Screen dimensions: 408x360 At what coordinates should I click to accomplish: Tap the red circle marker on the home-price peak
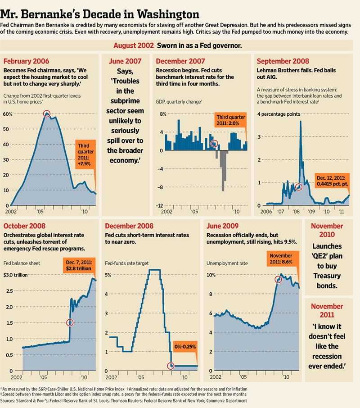tap(46, 114)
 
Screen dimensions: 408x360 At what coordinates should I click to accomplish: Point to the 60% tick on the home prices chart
tap(7, 114)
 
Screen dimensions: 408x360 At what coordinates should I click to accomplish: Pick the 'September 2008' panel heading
tap(283, 61)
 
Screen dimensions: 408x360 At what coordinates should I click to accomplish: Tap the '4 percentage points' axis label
tap(279, 114)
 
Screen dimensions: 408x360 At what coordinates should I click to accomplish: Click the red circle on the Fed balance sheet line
tap(70, 322)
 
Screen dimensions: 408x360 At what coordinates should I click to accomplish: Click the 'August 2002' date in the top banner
tap(133, 45)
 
